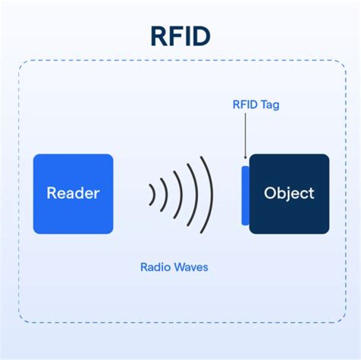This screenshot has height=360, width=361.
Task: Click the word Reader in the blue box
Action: pos(73,194)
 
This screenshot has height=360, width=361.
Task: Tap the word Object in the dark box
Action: pos(289,194)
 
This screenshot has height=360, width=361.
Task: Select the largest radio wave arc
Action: pos(210,194)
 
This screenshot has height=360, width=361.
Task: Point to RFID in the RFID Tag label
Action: pos(245,106)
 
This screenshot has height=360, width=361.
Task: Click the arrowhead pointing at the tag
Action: pos(245,157)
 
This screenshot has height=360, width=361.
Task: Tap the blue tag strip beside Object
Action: pos(245,196)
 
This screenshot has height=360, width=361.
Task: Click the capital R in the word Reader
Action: pos(52,194)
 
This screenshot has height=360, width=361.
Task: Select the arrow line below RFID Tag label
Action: pos(245,133)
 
